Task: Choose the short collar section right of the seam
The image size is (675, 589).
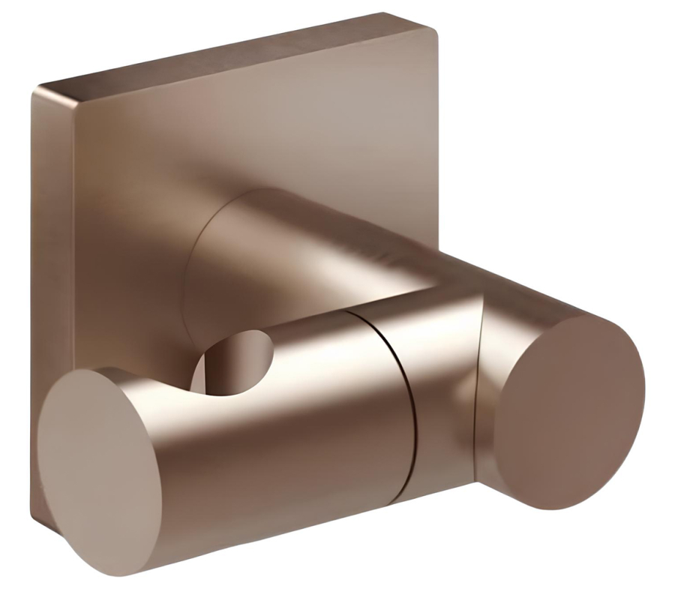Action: tap(442, 390)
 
